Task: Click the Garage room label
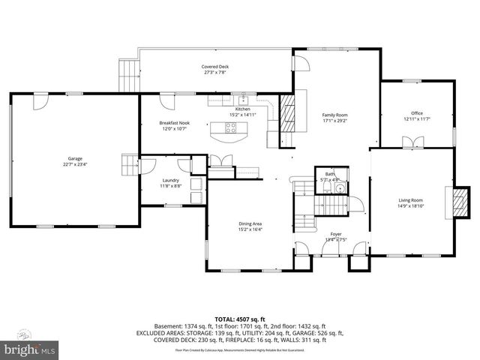click(75, 158)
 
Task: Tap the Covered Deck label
click(215, 67)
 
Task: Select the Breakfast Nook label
click(174, 122)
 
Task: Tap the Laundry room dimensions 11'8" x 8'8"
click(172, 185)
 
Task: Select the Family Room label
click(334, 115)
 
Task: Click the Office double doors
click(409, 142)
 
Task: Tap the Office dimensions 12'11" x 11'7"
click(416, 118)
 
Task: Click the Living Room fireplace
click(454, 202)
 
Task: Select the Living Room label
click(410, 200)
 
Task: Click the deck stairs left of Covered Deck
click(129, 73)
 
